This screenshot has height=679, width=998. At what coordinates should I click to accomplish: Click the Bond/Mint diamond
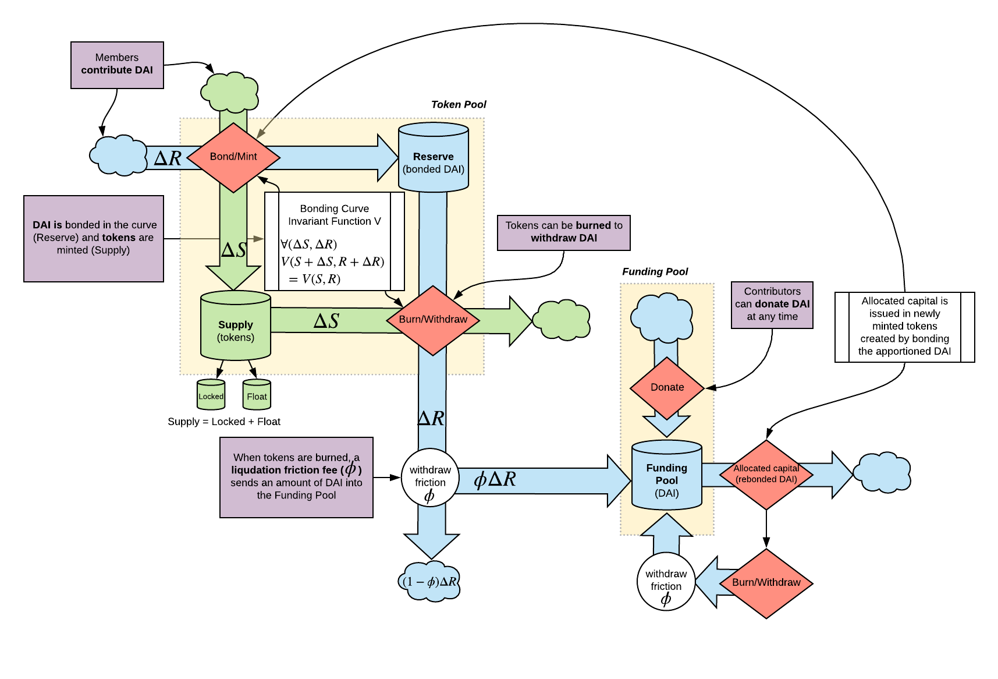pos(233,157)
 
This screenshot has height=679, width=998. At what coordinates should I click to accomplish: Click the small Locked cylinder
pos(211,395)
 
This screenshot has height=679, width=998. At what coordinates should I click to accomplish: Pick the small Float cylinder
pos(257,395)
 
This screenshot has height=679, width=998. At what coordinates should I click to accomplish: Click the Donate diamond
pos(667,387)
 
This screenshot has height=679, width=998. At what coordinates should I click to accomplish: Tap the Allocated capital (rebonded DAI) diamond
pos(766,475)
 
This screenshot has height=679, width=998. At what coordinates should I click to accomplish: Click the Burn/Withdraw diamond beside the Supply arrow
pos(433,320)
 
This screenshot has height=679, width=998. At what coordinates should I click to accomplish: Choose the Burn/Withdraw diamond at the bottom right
pos(766,582)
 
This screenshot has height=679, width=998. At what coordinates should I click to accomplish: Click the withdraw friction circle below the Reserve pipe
pos(430,478)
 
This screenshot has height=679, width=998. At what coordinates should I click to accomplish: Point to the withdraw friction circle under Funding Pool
pos(666,582)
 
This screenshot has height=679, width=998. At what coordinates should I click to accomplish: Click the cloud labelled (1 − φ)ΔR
pos(431,581)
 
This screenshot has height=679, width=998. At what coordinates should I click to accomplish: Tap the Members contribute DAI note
pos(117,65)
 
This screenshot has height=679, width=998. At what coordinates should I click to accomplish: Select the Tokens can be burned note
pos(563,232)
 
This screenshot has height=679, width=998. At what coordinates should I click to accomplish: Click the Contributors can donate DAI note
pos(772,305)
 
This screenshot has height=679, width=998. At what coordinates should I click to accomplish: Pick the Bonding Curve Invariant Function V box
pos(334,242)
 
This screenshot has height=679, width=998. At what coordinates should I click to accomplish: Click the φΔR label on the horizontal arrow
pos(495,479)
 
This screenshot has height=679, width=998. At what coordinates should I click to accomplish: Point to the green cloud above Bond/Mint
pos(230,93)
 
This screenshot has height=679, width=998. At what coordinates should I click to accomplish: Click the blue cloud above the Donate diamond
pos(662,317)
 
